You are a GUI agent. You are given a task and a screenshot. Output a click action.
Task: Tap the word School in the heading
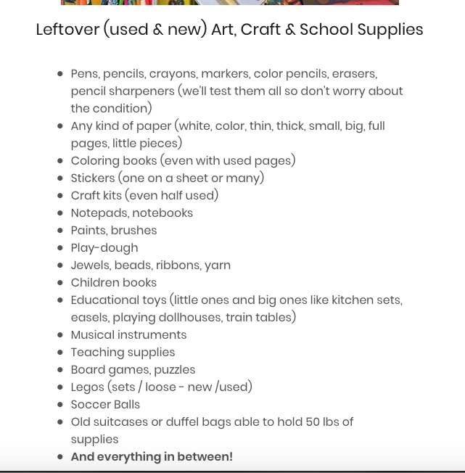click(x=314, y=30)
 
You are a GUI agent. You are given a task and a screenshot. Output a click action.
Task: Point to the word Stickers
click(x=93, y=178)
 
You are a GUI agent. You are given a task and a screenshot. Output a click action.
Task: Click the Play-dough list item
click(x=104, y=248)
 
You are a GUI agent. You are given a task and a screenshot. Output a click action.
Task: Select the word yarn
click(x=218, y=266)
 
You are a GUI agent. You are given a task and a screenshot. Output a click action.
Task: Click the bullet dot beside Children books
click(x=60, y=283)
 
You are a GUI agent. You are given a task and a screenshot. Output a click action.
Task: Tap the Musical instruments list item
click(x=128, y=335)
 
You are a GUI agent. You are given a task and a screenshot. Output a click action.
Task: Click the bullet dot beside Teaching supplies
click(x=60, y=353)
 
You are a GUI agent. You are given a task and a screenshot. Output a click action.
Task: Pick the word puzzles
click(x=174, y=370)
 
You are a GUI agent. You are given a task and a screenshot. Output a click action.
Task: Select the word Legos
click(x=87, y=387)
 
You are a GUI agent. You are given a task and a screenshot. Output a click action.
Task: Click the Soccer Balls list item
click(x=105, y=405)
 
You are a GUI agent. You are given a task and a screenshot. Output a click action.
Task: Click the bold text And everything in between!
click(x=152, y=457)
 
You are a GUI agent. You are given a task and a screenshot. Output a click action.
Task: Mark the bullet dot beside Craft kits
click(x=60, y=196)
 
